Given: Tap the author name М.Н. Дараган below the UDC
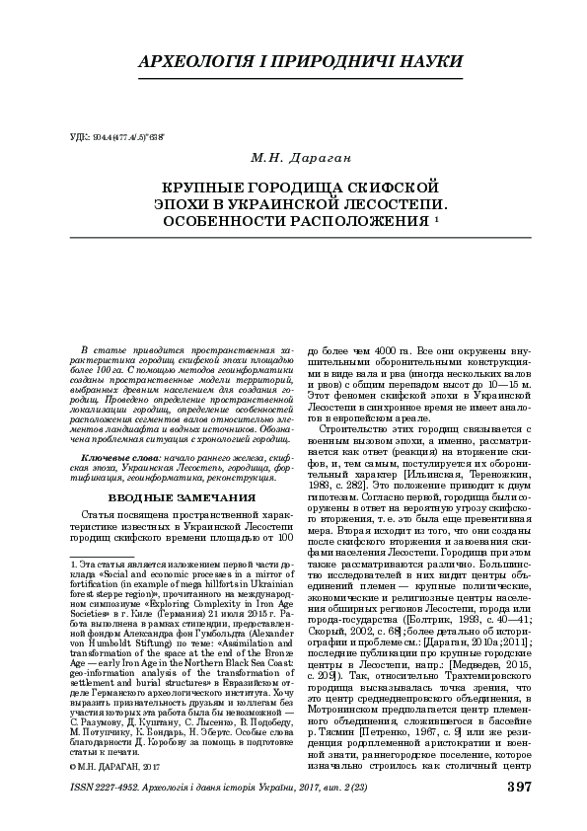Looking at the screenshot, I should click(293, 157).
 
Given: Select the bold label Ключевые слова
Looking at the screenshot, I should click(118, 459).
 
